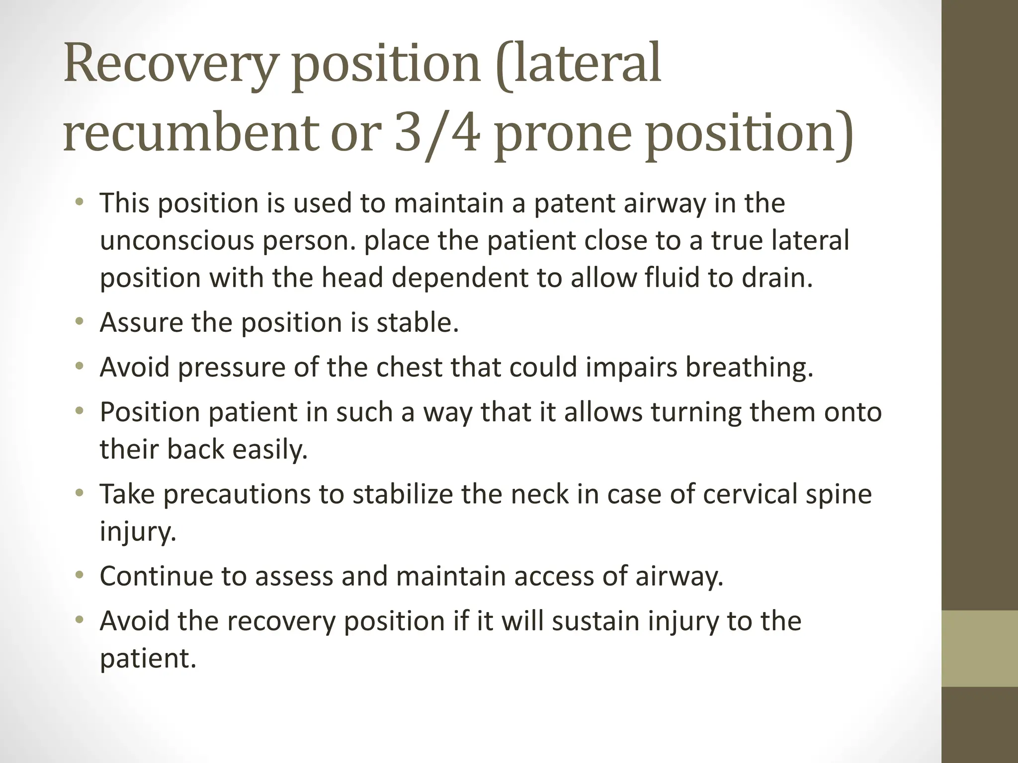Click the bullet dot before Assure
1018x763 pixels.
[79, 322]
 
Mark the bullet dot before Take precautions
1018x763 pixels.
[79, 494]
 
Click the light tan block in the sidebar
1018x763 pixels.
[980, 648]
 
